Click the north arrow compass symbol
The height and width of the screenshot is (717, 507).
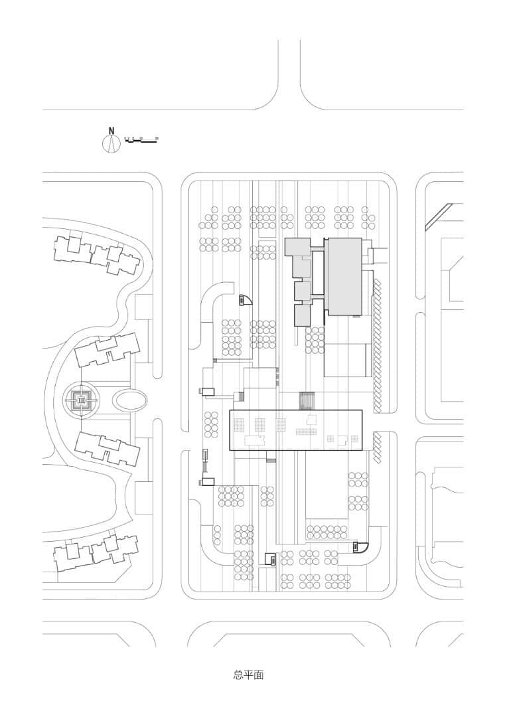pyautogui.click(x=111, y=143)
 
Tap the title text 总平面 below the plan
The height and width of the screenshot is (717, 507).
pyautogui.click(x=249, y=675)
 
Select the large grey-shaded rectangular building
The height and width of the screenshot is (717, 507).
pyautogui.click(x=343, y=276)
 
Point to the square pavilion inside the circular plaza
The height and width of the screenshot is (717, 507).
pyautogui.click(x=80, y=400)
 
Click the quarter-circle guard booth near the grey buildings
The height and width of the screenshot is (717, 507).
pyautogui.click(x=246, y=300)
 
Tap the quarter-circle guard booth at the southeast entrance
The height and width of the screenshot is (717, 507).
pyautogui.click(x=360, y=546)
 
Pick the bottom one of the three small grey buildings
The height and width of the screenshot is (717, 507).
pyautogui.click(x=302, y=315)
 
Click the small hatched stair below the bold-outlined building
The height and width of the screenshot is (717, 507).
pyautogui.click(x=271, y=460)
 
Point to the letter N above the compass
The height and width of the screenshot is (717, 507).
pyautogui.click(x=111, y=131)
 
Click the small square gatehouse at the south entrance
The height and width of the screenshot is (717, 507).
pyautogui.click(x=270, y=559)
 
